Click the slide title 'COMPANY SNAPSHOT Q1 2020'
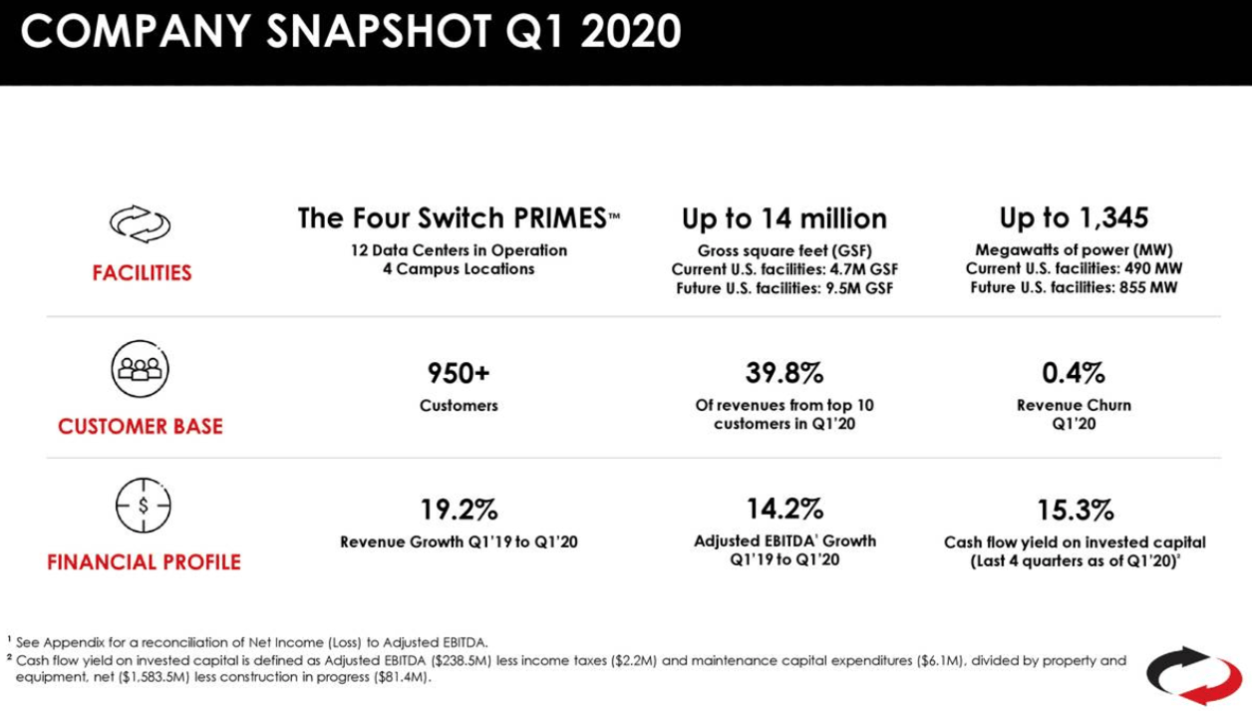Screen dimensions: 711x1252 [351, 32]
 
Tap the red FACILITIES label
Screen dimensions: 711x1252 [143, 273]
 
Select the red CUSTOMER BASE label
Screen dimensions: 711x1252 [141, 427]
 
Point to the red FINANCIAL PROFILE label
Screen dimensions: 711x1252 [144, 562]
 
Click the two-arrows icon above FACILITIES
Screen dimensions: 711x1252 [141, 224]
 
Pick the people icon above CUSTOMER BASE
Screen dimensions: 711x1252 [140, 369]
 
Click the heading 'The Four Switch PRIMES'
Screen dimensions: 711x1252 [459, 218]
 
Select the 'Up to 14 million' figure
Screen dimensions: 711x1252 [783, 218]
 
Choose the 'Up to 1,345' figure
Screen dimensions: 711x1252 [1074, 217]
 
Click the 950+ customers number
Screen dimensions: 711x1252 [459, 374]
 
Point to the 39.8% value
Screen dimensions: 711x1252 [784, 374]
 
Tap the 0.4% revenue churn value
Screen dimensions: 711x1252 [1074, 374]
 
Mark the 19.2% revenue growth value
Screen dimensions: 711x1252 [459, 511]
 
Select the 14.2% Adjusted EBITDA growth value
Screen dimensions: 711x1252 [784, 509]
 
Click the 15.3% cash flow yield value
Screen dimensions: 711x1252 [1075, 511]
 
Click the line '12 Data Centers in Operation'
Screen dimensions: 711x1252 [459, 250]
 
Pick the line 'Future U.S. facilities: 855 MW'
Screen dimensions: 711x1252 [1074, 288]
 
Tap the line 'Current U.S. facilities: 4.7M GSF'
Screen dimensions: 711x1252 [783, 269]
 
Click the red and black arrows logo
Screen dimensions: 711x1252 [1193, 675]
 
